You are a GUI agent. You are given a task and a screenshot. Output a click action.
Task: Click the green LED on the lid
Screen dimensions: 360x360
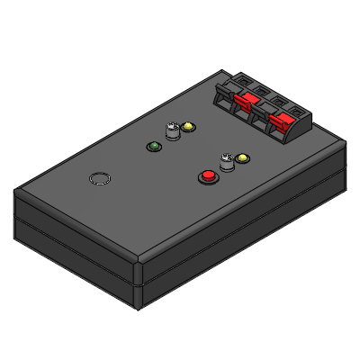[154, 145]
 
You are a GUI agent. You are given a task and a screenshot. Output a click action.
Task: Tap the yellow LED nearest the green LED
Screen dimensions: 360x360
[187, 127]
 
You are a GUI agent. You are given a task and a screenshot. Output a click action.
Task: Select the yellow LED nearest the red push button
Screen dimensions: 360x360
[241, 159]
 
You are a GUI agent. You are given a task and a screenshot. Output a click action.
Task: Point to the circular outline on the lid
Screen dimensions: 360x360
[100, 178]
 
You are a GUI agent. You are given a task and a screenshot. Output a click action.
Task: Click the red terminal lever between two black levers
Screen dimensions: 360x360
[243, 101]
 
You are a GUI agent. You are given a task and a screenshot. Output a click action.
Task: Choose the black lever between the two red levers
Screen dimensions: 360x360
[264, 112]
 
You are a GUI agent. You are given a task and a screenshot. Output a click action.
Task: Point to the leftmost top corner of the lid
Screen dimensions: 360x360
[15, 192]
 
